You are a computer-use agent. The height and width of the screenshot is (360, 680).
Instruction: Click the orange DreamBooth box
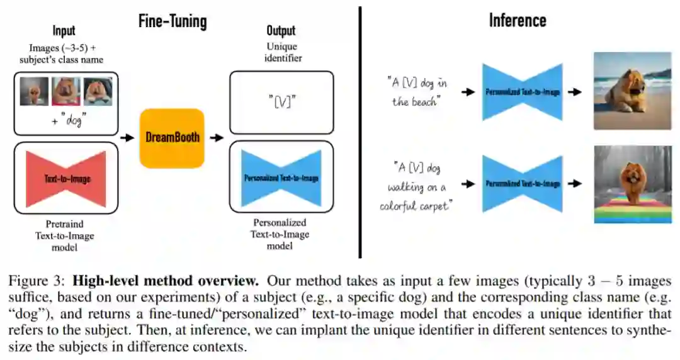(172, 138)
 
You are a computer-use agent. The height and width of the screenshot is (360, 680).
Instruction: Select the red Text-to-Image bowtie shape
(67, 178)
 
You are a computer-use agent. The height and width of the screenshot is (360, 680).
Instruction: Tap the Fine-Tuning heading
(173, 22)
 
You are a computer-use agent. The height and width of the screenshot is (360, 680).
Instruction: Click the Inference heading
(518, 21)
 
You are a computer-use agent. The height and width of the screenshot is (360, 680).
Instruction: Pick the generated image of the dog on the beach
(632, 91)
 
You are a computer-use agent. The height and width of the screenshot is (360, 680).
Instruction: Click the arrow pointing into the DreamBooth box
(128, 138)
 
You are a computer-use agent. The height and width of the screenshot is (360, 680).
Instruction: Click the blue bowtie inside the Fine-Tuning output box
(281, 178)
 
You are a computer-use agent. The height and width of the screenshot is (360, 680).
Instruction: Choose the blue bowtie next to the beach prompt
(522, 92)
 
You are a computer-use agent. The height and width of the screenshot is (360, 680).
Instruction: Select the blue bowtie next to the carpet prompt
(522, 184)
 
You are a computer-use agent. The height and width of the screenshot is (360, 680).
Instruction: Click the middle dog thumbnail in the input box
(65, 91)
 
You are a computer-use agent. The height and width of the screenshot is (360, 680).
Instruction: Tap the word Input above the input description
(64, 30)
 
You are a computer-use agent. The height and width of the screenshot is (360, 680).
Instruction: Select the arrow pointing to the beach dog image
(574, 92)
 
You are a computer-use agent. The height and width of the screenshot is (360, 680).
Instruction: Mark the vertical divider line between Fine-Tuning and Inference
(360, 132)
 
